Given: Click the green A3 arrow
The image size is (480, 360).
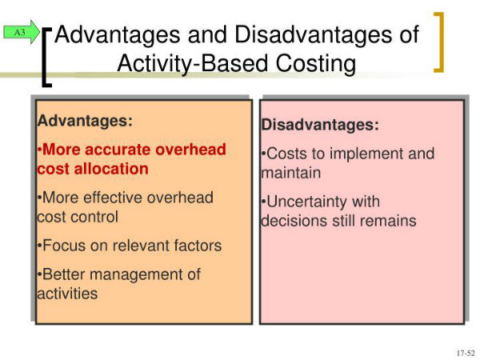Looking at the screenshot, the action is point(22,32).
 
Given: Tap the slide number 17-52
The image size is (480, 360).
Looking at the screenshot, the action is point(466,353).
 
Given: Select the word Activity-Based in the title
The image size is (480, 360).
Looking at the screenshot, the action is point(193,64).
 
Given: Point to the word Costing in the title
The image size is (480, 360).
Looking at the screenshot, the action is point(316,64).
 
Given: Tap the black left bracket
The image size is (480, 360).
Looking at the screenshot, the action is point(46,58).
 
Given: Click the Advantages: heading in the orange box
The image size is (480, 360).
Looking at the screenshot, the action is point(85,121).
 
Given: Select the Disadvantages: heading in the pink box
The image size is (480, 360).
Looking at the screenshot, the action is point(320,125).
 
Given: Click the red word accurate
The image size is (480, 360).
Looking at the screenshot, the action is point(118,150).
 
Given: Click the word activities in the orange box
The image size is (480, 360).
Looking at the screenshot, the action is point(67,294).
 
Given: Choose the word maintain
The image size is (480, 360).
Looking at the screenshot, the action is point(291,173).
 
